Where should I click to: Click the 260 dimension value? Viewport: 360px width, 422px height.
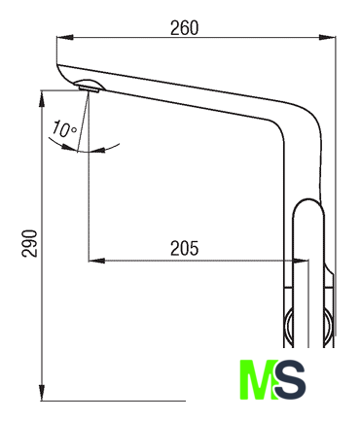pyautogui.click(x=184, y=28)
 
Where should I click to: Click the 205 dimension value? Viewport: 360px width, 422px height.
pyautogui.click(x=184, y=249)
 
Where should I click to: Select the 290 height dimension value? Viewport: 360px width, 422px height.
pyautogui.click(x=29, y=243)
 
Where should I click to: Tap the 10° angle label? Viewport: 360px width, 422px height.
pyautogui.click(x=65, y=128)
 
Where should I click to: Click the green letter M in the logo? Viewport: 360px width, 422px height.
pyautogui.click(x=259, y=379)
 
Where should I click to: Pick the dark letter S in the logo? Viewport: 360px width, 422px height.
pyautogui.click(x=290, y=379)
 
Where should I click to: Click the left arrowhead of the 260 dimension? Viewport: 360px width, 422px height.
pyautogui.click(x=65, y=37)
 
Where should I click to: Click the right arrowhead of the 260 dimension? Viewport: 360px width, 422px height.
pyautogui.click(x=327, y=37)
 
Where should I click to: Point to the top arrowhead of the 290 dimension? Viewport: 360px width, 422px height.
pyautogui.click(x=42, y=99)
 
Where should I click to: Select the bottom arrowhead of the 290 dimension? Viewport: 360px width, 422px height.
pyautogui.click(x=42, y=393)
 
